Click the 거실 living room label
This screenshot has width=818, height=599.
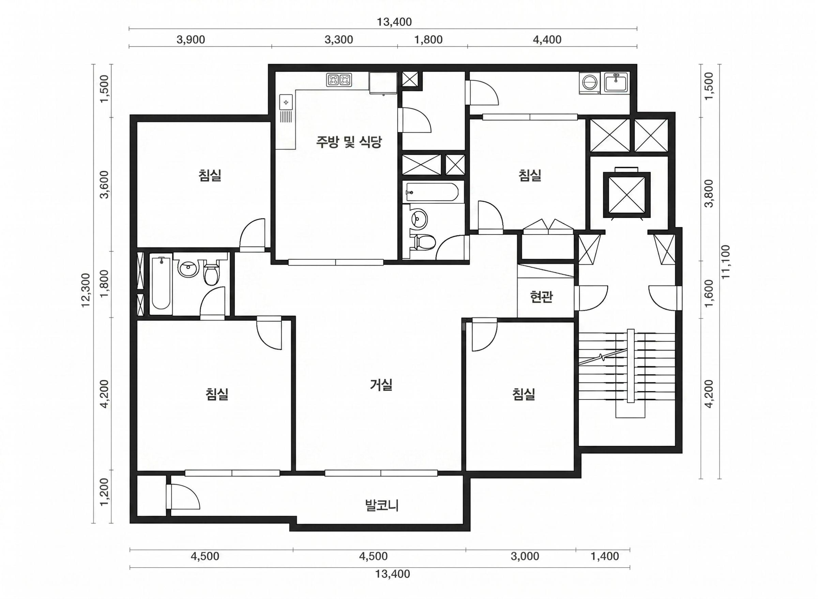coord(381,385)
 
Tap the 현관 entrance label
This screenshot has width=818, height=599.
coord(541,297)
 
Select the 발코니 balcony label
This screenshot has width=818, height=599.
coord(382,505)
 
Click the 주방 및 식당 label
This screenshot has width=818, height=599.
coord(349,142)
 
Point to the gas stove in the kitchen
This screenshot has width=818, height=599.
coord(339,80)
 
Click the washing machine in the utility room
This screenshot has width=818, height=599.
coord(589,84)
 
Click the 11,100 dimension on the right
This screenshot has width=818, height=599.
coord(726,262)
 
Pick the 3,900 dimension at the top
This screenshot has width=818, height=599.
coord(191,40)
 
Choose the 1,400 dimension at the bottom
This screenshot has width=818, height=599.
coord(605,556)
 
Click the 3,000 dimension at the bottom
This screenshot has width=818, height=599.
coord(525,556)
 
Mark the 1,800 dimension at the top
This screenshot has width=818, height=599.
coord(428,40)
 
